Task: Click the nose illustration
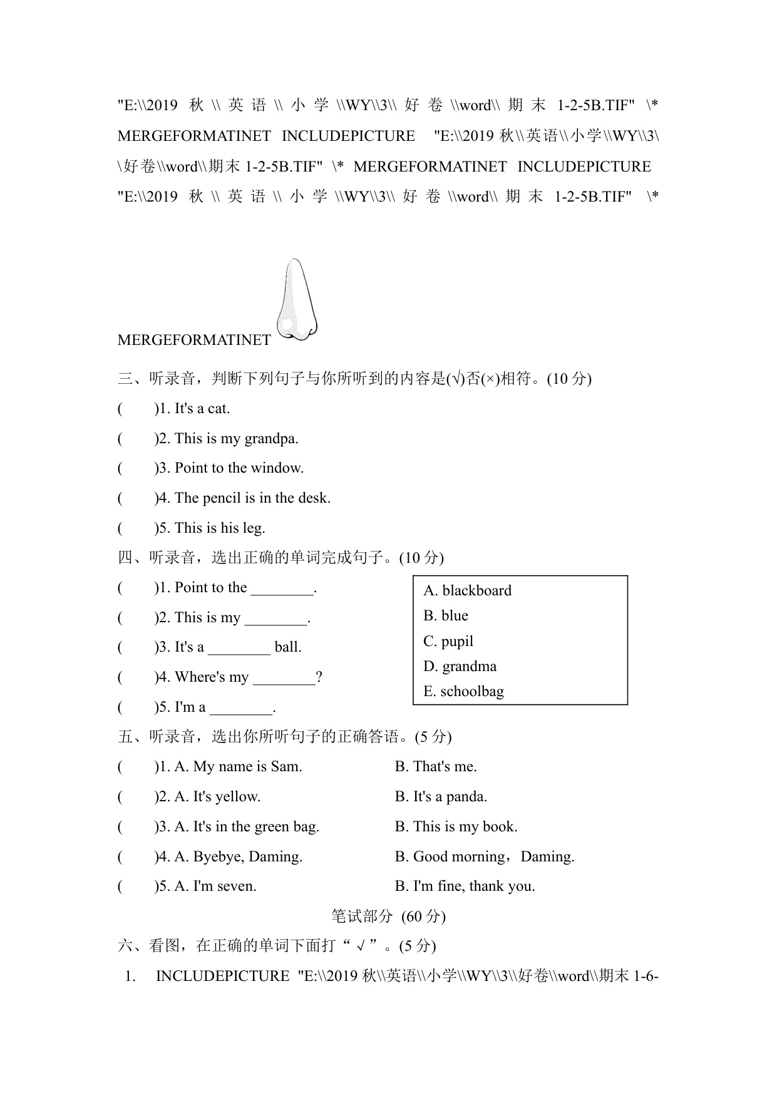[x=297, y=300]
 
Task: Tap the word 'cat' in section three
[x=219, y=409]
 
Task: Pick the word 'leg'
[x=253, y=528]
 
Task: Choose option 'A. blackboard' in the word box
[x=467, y=590]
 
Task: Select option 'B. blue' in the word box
[x=446, y=616]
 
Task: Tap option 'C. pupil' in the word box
[x=448, y=641]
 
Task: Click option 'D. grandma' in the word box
[x=460, y=666]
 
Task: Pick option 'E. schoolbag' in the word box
[x=463, y=692]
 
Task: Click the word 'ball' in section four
[x=288, y=647]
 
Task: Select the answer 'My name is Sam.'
[x=247, y=767]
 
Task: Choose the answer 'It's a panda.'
[x=450, y=797]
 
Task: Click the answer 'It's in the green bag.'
[x=256, y=827]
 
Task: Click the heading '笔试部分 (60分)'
[x=388, y=916]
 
